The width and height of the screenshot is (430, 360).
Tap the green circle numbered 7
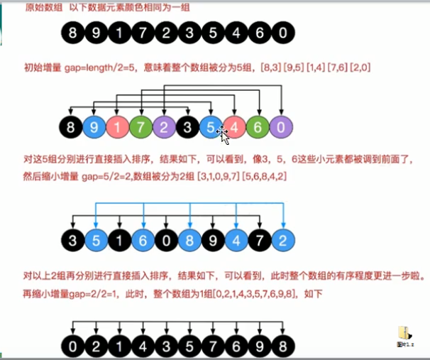tap(140, 129)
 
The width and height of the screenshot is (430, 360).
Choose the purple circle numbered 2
tap(164, 129)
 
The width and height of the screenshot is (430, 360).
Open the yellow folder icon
tap(404, 333)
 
